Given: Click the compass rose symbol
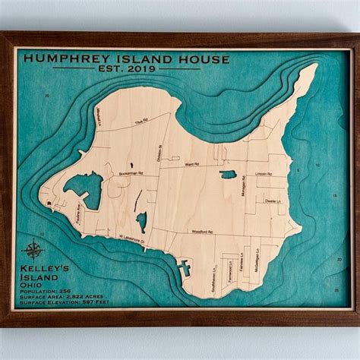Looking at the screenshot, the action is pos(33,250).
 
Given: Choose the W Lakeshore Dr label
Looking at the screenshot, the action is pos(131,242).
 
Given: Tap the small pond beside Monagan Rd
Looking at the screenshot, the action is pos(228,175).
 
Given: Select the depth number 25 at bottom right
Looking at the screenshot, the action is pos(336,290).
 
